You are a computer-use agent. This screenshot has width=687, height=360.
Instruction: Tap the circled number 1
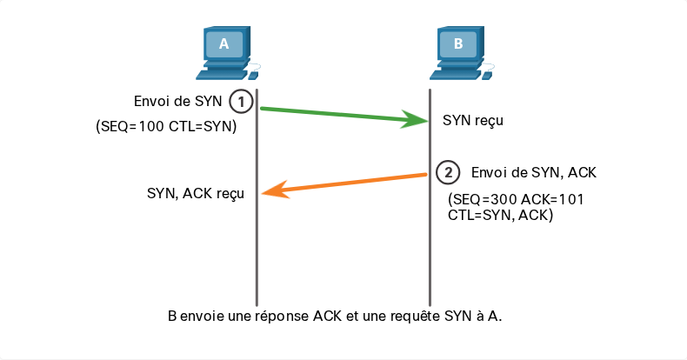pos(241,102)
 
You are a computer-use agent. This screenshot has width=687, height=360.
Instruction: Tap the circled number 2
pos(448,172)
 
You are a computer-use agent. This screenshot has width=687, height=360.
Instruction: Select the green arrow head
pos(414,119)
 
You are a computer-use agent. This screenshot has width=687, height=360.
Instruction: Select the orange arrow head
pos(275,190)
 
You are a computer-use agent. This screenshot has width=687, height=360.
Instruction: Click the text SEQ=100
pos(131,126)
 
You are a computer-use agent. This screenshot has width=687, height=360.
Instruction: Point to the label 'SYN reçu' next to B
pos(473,120)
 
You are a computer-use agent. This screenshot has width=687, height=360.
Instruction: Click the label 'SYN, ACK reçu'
pos(196,193)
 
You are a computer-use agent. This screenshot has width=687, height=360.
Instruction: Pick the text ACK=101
pos(552,200)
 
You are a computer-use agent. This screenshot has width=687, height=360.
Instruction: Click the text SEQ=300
pos(483,200)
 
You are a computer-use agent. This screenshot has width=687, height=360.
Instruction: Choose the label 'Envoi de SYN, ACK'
pos(534,172)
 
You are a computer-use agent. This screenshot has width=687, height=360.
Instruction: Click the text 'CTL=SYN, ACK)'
pos(500,215)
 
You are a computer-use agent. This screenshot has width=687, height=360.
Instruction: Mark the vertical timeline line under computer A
pos(257,197)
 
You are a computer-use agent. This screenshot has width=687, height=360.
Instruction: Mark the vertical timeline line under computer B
pos(430,197)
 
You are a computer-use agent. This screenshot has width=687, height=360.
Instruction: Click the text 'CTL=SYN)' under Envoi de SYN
pos(203,126)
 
